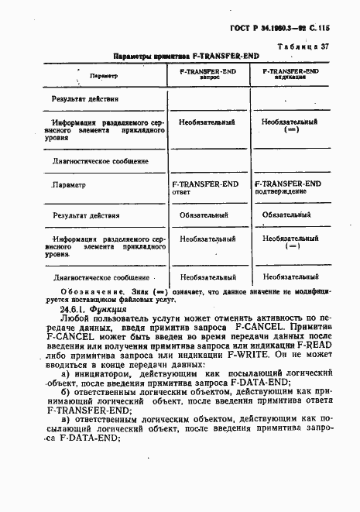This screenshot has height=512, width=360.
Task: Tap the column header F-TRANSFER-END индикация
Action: pos(292,74)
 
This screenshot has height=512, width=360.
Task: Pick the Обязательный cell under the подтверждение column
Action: pos(288,215)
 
